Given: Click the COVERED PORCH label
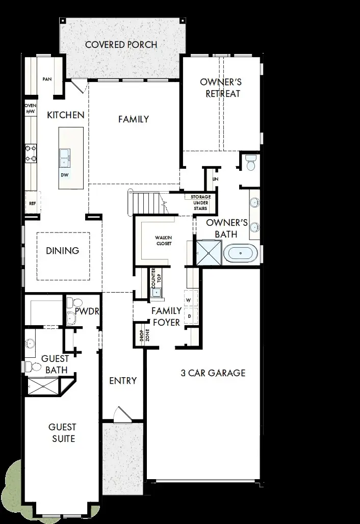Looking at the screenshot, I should point(121,45).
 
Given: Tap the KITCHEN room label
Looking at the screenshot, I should point(65,115).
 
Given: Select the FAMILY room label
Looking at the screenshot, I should point(134,119).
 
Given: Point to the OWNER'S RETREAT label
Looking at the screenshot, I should point(221,88).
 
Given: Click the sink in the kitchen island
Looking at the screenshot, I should point(65,158).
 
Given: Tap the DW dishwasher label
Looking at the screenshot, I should point(65,175).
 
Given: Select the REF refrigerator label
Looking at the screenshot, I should point(32,203).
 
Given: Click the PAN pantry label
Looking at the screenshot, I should point(47,79).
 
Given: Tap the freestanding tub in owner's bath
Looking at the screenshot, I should point(242,253).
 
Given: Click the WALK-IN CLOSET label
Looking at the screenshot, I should point(164,241).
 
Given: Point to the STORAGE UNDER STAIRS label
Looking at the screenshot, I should point(200,203).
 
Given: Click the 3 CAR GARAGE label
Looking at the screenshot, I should point(213,373).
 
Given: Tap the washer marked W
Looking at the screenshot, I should point(188,300).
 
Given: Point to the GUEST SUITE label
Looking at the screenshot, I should point(62,432).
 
